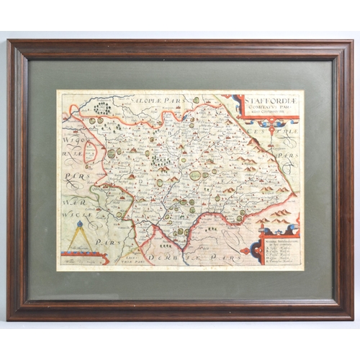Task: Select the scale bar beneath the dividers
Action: [x=84, y=254]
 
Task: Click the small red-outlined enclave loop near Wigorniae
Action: [x=92, y=134]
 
